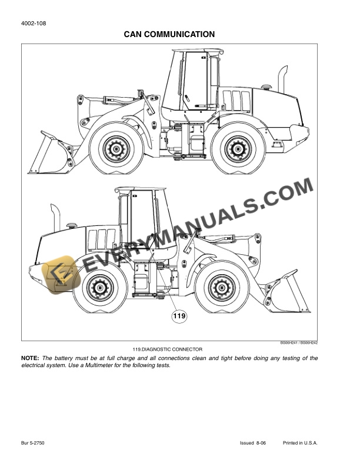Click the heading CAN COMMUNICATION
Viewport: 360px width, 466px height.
(169, 35)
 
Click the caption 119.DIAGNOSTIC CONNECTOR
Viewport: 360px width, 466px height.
(168, 349)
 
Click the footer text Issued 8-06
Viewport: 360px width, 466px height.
(254, 442)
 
